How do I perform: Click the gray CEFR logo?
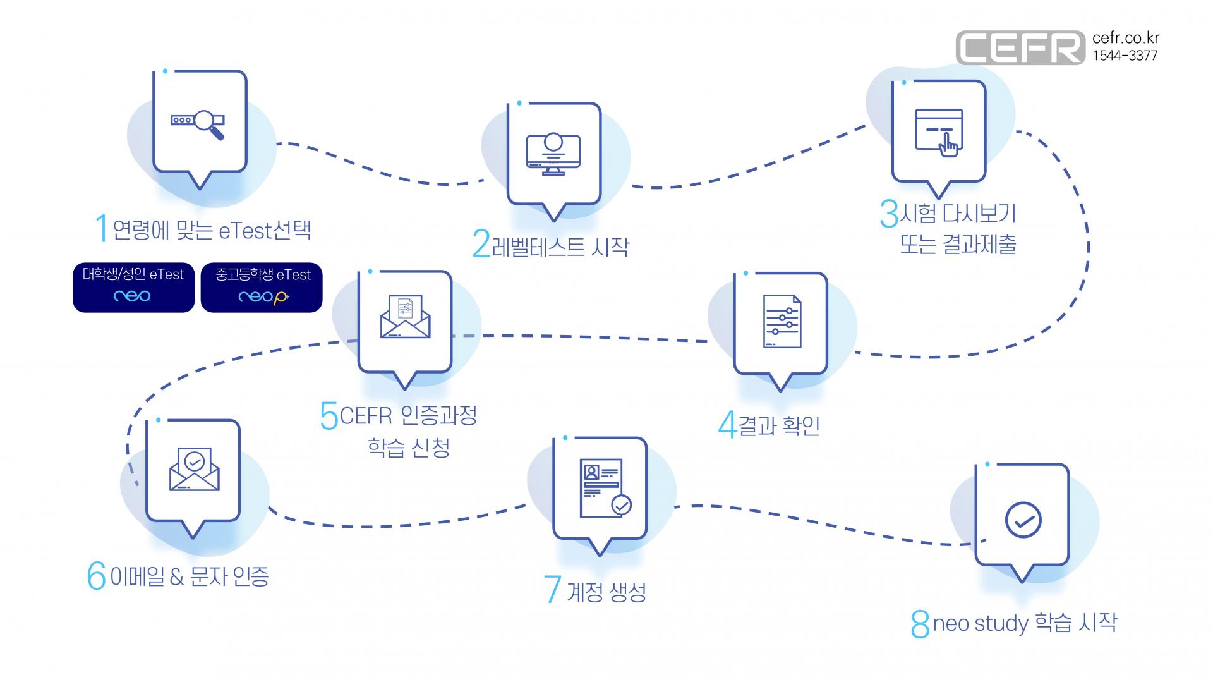click(1020, 47)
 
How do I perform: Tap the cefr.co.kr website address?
click(1126, 39)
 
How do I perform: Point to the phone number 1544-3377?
click(1125, 56)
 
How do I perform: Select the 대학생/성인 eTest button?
click(133, 288)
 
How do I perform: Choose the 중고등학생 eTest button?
click(262, 288)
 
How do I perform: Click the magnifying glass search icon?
click(208, 124)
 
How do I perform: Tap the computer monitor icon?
click(553, 154)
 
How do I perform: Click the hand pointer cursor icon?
click(948, 145)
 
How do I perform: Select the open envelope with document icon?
click(405, 317)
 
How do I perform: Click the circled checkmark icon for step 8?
click(1023, 520)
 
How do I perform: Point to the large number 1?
click(101, 228)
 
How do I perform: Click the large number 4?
click(727, 425)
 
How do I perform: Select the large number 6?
click(96, 576)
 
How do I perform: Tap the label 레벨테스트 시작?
click(560, 246)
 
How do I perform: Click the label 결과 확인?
click(779, 425)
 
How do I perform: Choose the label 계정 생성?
click(606, 592)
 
